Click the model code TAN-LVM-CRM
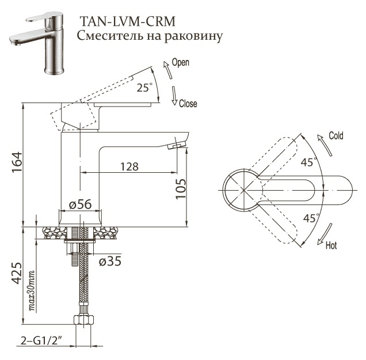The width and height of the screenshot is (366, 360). click(127, 22)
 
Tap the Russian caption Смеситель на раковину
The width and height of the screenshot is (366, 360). click(150, 36)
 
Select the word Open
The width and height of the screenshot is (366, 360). click(181, 62)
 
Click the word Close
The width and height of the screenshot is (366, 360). click(188, 104)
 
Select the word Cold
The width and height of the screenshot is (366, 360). click(335, 136)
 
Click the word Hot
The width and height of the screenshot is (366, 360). click(331, 246)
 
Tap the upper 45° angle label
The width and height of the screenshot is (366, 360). click(308, 163)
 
